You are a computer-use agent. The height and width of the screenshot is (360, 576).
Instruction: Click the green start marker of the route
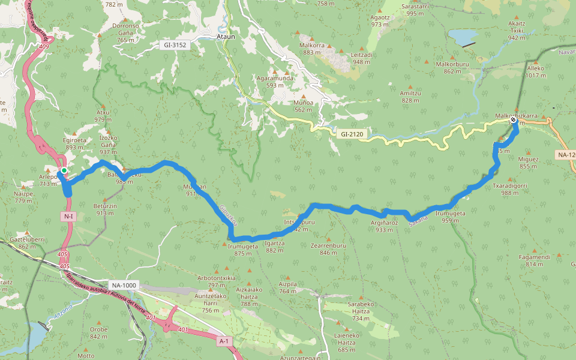[x=64, y=171]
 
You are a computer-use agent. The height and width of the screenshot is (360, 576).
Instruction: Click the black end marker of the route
[x=514, y=120]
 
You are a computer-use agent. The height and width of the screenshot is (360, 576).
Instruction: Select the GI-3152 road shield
[x=175, y=45]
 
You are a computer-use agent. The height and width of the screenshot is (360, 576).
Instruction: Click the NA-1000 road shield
[x=124, y=285]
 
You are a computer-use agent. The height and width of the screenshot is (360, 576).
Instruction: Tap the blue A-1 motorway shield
[x=224, y=341]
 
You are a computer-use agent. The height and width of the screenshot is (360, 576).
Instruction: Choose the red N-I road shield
[x=67, y=216]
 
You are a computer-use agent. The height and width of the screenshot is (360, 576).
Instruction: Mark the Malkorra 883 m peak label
[x=313, y=49]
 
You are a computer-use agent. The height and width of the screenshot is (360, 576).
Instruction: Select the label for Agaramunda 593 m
[x=275, y=82]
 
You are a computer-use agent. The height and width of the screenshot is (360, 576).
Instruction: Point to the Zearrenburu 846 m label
[x=329, y=249]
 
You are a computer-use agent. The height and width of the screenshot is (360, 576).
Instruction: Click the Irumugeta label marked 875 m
[x=242, y=250]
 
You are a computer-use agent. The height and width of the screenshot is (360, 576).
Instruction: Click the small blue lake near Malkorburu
[x=463, y=38]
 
